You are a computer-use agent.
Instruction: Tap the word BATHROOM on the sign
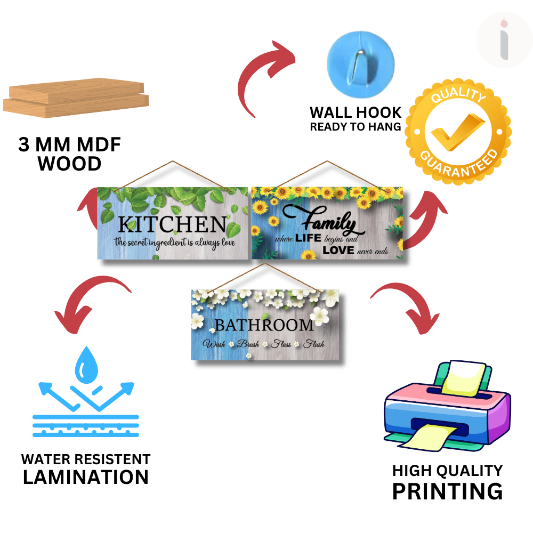(x=264, y=325)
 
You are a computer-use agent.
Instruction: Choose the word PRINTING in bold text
(x=447, y=491)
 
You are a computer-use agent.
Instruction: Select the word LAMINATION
(x=86, y=477)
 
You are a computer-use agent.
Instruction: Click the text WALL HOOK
(x=356, y=112)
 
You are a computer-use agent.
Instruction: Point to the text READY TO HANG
(x=356, y=127)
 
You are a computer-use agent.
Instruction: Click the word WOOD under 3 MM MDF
(x=70, y=164)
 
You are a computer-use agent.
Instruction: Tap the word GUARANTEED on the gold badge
(x=459, y=162)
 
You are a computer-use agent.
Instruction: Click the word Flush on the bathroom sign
(x=314, y=344)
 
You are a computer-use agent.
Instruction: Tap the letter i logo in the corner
(x=504, y=41)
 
